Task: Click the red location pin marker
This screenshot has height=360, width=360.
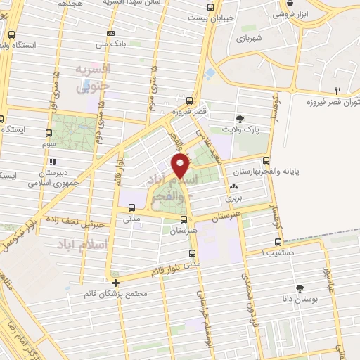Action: tap(181, 167)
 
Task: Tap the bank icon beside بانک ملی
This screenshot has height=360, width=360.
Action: tap(110, 33)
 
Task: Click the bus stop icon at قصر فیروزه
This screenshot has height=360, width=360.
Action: tap(190, 101)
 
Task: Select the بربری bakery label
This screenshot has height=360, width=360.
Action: tap(232, 199)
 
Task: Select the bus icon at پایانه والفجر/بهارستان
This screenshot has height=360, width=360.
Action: tap(265, 160)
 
